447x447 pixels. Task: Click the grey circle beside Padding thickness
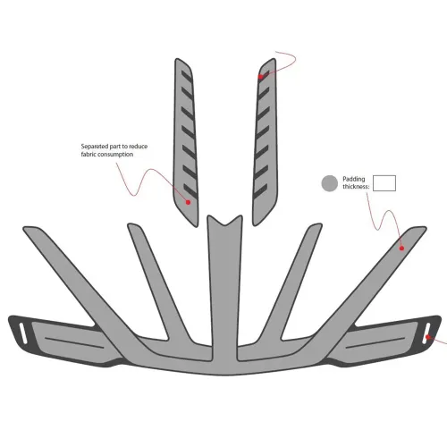click(x=330, y=183)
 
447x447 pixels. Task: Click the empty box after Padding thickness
click(x=384, y=183)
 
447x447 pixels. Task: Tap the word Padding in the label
click(x=354, y=179)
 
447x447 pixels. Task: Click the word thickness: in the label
click(x=356, y=187)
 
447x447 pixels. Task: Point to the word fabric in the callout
click(x=89, y=154)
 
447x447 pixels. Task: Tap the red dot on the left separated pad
click(x=188, y=202)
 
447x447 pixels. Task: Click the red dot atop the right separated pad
click(x=261, y=77)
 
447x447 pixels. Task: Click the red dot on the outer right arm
click(x=401, y=248)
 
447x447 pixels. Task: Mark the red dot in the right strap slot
click(x=428, y=337)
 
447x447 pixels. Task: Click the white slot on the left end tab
click(x=22, y=333)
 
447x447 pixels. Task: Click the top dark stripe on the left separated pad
click(x=187, y=77)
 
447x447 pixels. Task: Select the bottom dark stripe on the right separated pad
click(x=260, y=192)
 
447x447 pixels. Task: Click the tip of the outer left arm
click(x=25, y=229)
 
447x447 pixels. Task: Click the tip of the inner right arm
click(x=320, y=225)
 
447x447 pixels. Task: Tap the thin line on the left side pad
click(x=74, y=342)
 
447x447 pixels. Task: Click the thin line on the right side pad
click(x=375, y=342)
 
